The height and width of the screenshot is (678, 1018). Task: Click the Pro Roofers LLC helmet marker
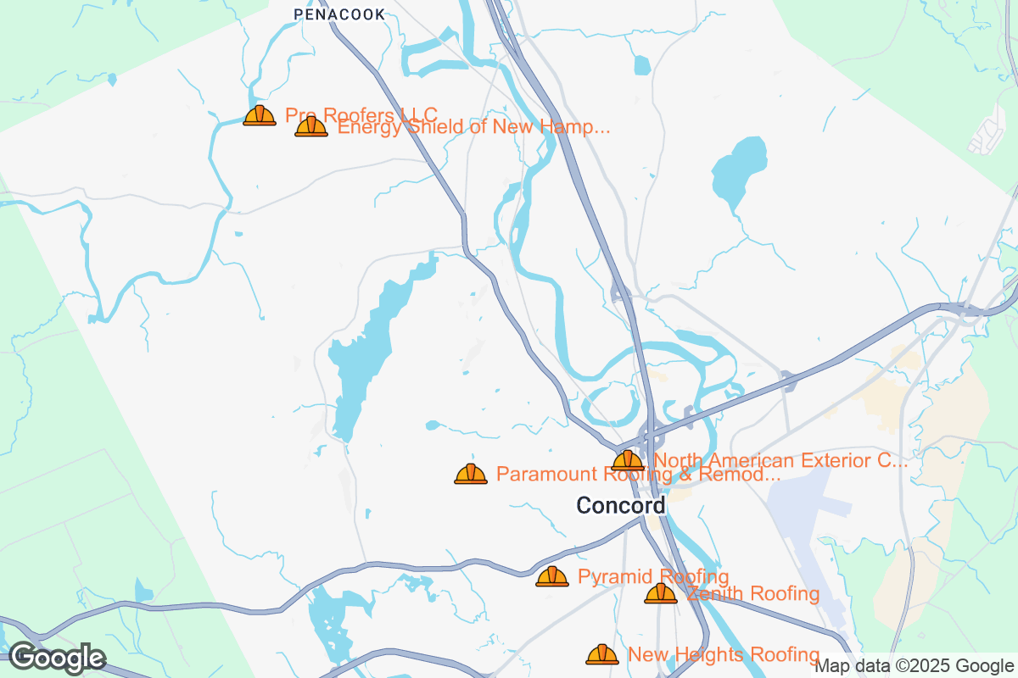click(x=260, y=116)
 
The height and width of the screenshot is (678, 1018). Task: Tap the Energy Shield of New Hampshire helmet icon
click(x=311, y=127)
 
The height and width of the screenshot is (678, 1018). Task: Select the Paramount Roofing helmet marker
click(x=471, y=474)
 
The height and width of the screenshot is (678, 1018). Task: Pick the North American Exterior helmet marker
click(x=628, y=461)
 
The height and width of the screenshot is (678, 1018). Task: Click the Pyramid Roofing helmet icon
click(x=552, y=577)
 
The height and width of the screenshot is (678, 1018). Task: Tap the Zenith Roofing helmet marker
click(x=661, y=594)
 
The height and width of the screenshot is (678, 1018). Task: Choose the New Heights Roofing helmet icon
click(x=602, y=654)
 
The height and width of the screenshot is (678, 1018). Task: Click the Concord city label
click(x=620, y=506)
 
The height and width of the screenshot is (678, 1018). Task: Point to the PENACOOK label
click(x=339, y=14)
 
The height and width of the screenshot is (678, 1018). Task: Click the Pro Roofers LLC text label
click(x=361, y=114)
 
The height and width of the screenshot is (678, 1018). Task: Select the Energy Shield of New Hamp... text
click(x=473, y=128)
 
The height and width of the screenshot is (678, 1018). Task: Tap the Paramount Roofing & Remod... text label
click(x=638, y=475)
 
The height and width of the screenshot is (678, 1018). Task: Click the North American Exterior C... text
click(x=780, y=461)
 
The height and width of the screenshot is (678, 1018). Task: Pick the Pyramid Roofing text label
click(x=652, y=577)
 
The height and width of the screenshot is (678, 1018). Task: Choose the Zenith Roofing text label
click(x=752, y=594)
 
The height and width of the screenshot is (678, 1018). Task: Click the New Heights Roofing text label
click(x=723, y=654)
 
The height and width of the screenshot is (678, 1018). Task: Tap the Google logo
click(x=57, y=658)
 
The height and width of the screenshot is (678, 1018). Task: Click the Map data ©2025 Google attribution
click(x=915, y=666)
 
